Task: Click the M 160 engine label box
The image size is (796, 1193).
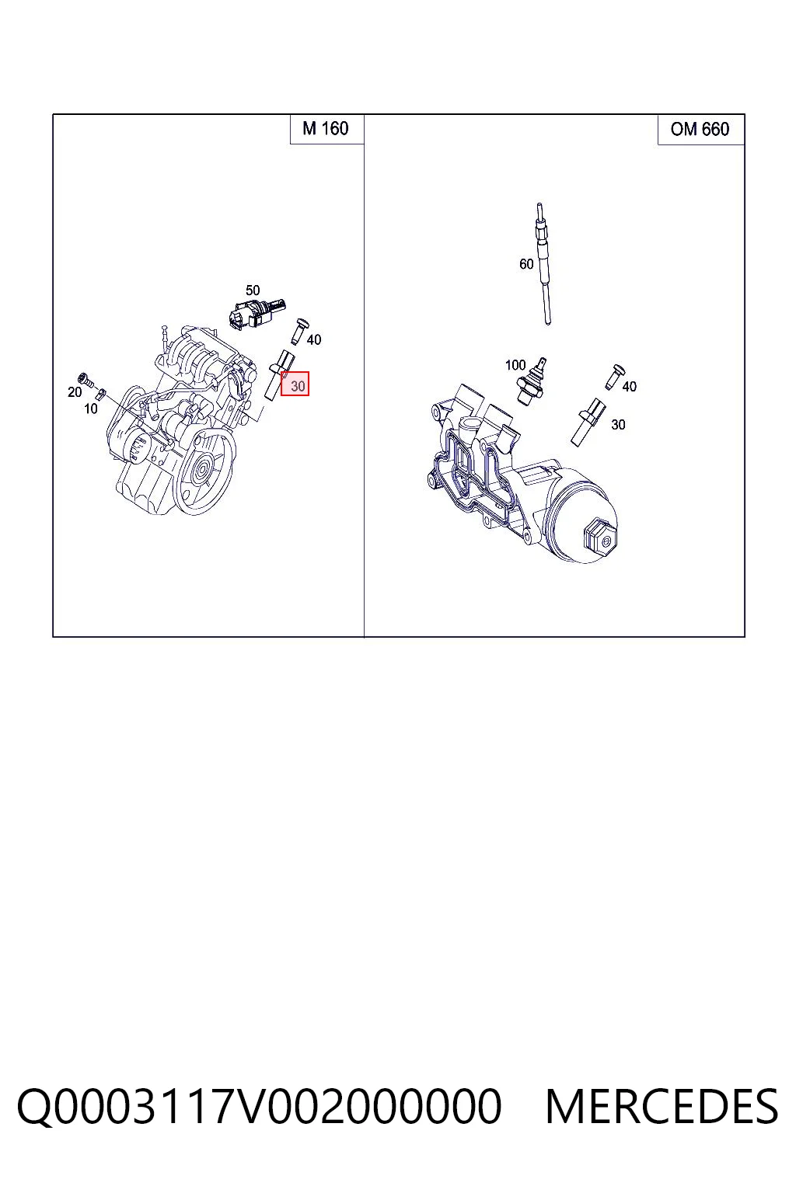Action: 326,129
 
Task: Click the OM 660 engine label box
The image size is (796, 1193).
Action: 700,130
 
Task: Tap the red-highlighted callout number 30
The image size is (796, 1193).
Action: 295,384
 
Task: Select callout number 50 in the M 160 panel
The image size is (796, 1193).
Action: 253,290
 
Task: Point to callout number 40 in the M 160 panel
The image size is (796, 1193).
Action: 313,339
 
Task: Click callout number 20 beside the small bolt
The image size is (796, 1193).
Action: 75,392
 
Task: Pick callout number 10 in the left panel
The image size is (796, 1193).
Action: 91,409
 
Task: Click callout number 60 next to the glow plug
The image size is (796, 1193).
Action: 526,264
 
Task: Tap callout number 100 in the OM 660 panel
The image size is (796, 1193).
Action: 515,365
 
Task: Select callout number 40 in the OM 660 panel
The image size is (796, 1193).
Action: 629,387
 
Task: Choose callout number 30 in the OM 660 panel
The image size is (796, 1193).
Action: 618,425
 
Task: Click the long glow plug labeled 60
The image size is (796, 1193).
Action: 543,263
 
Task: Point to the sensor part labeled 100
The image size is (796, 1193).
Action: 530,381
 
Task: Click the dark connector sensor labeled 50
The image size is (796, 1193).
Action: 256,313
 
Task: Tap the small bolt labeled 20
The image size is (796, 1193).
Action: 86,381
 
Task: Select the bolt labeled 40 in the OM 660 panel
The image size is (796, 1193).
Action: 615,376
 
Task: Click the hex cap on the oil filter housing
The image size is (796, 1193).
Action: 600,540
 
